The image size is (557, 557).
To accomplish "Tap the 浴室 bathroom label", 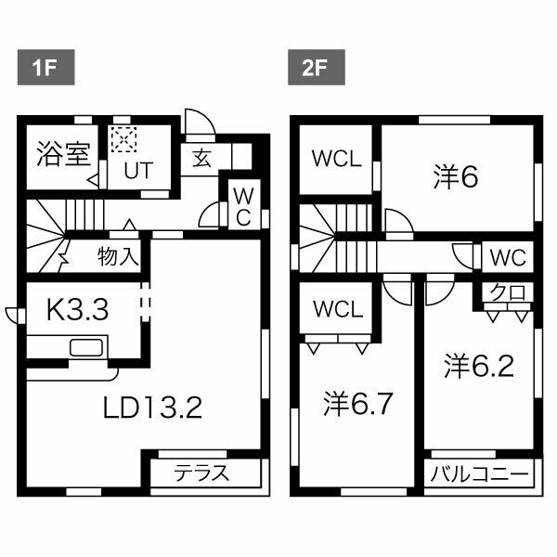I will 62,154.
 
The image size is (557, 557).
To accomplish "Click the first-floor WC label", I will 240,206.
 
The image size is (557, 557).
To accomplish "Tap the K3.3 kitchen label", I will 79,310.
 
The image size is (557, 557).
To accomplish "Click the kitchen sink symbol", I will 85,348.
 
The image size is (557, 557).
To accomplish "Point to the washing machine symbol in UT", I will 123,140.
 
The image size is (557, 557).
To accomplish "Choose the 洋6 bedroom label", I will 456,176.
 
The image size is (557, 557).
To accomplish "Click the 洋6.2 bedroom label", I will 479,366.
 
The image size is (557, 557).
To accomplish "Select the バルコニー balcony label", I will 480,474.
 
